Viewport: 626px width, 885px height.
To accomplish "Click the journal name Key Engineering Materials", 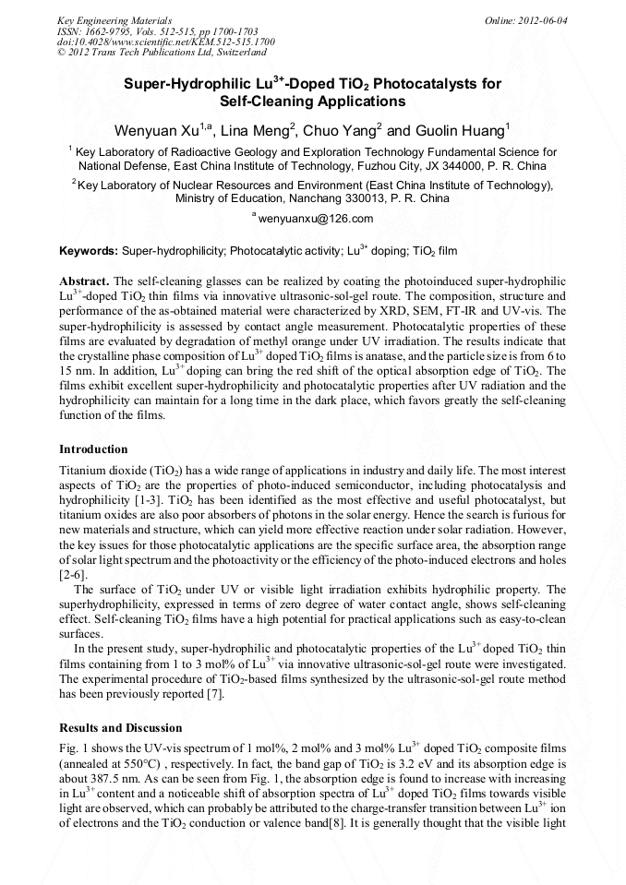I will [114, 20].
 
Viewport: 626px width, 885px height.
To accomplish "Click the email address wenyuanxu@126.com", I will [315, 219].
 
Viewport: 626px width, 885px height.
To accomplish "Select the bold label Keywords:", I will [88, 250].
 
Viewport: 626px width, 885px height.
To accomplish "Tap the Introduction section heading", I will [93, 449].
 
